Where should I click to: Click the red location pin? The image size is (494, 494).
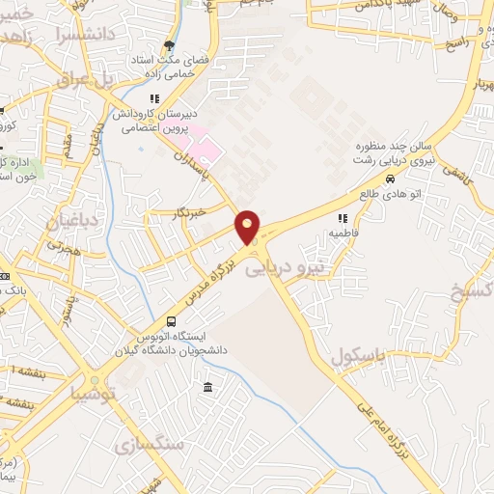click(x=248, y=228)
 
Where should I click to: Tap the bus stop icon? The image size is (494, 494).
click(x=172, y=321)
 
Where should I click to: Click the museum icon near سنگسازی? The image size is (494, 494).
click(x=208, y=388)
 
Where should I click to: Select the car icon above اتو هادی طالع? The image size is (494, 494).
click(x=389, y=178)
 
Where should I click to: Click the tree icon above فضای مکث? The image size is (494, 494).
click(x=171, y=44)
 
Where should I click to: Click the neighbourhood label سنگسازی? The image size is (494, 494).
click(x=149, y=445)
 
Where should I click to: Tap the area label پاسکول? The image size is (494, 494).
click(x=358, y=357)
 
